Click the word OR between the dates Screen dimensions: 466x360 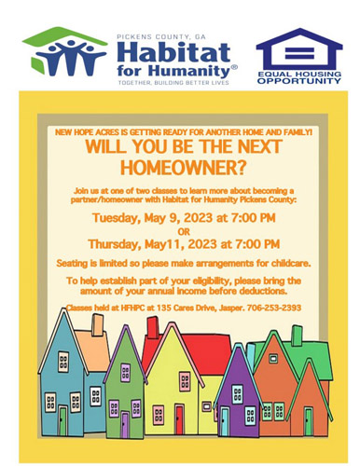click(x=181, y=231)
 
